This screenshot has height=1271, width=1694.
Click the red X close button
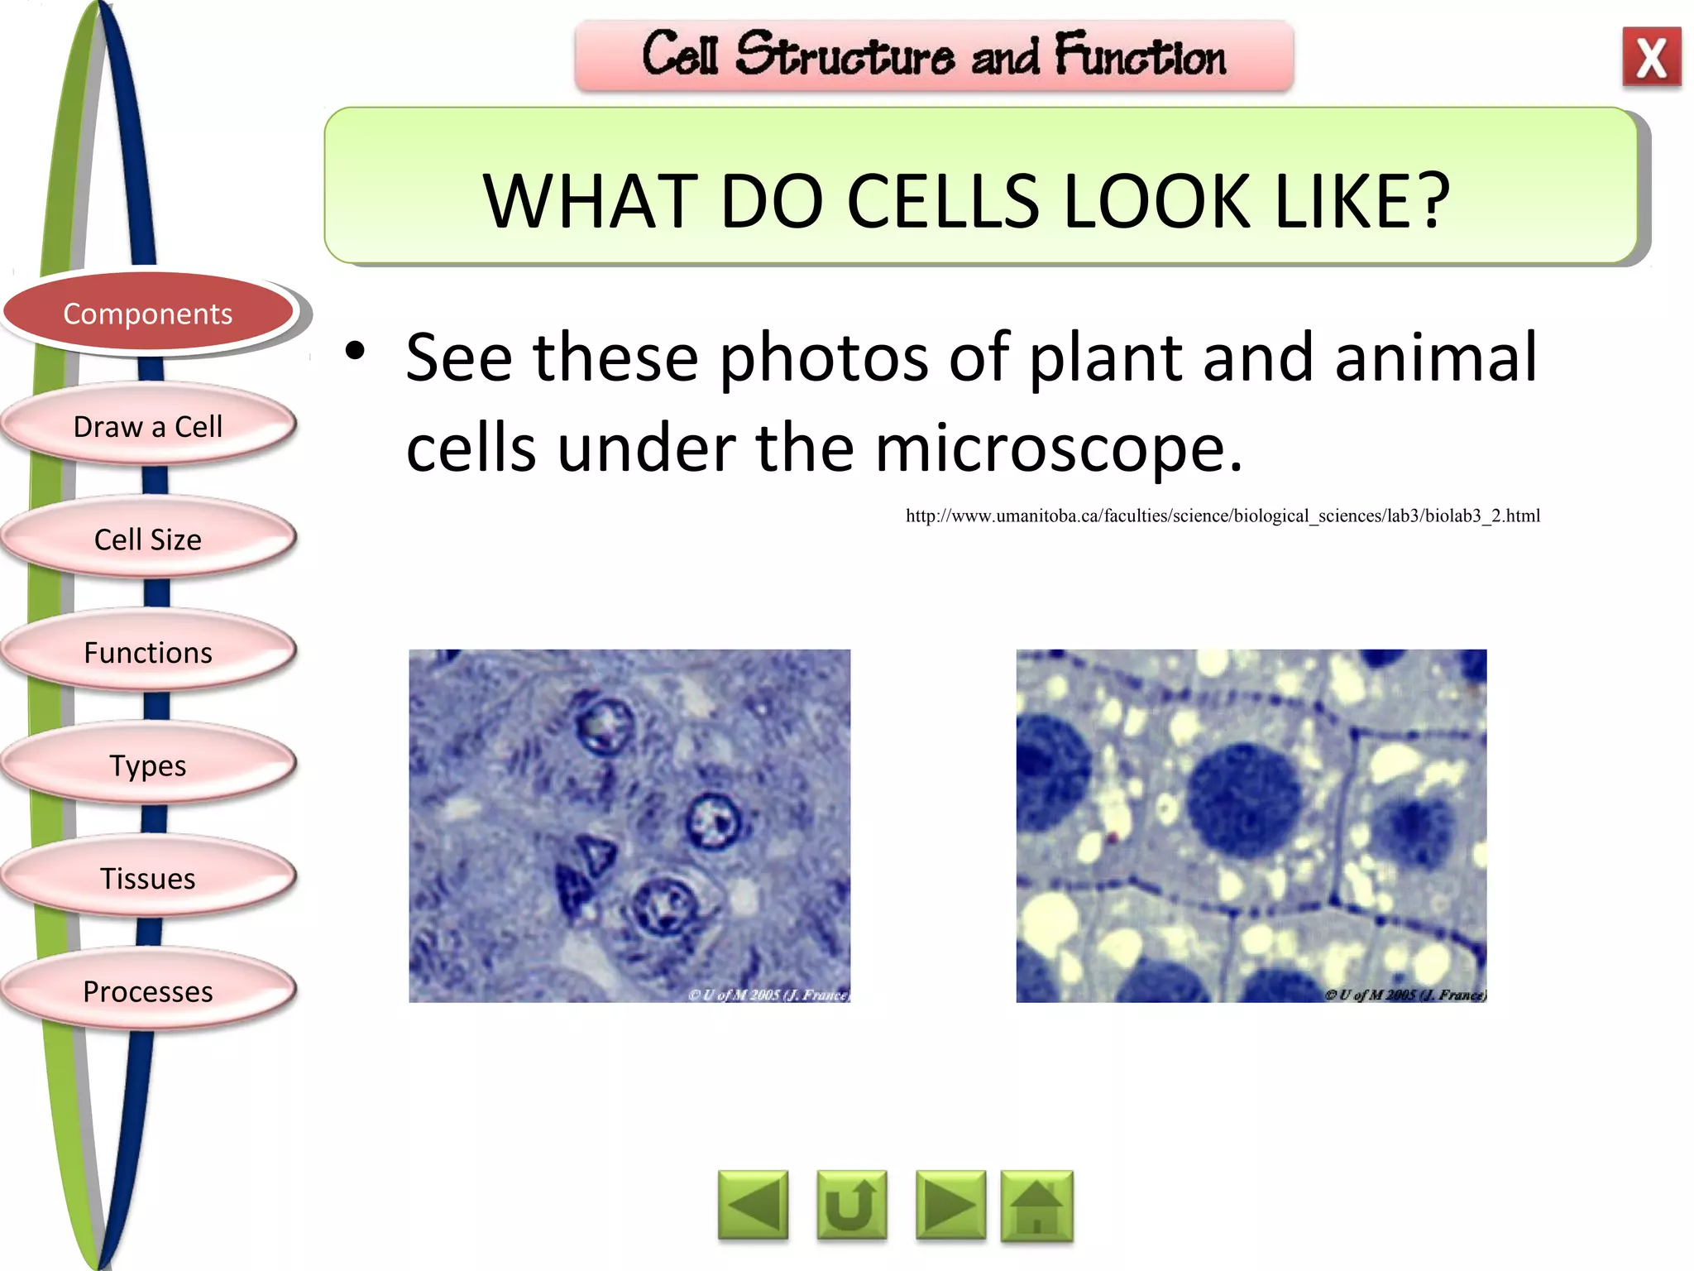click(1651, 57)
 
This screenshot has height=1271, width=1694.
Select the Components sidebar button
click(148, 314)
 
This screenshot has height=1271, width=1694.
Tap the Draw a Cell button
click(148, 426)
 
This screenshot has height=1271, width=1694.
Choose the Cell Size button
click(148, 540)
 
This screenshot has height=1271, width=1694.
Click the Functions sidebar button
click(148, 653)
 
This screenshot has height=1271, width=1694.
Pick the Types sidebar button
click(148, 765)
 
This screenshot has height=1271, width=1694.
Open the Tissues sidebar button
click(148, 878)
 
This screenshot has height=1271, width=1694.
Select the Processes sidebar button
click(148, 991)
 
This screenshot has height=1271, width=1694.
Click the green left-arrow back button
click(753, 1206)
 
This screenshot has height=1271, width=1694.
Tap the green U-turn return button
click(851, 1206)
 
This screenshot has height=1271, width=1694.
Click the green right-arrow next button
click(950, 1206)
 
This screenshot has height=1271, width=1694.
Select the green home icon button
click(1036, 1206)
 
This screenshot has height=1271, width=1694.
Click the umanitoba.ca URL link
click(1223, 516)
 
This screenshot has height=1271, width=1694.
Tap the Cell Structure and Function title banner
click(934, 55)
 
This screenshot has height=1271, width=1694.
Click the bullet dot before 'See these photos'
click(355, 351)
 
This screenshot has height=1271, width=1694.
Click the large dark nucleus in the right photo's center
click(1243, 799)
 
